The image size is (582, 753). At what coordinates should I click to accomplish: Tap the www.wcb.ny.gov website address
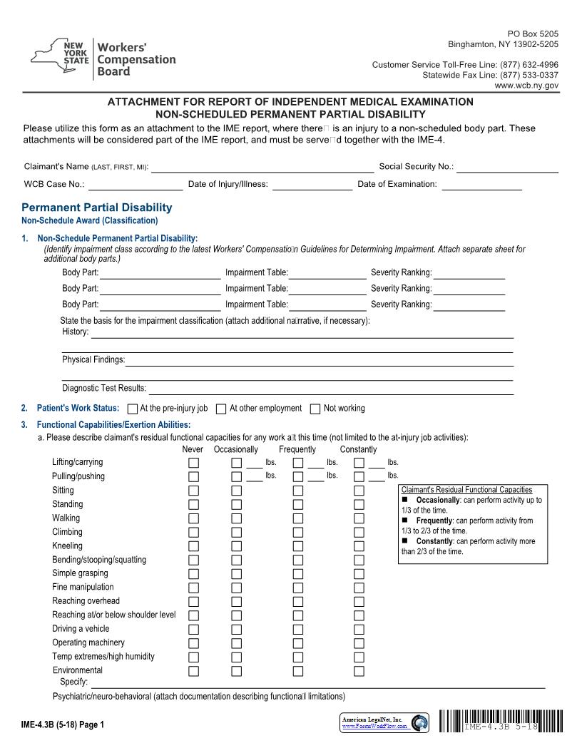526,85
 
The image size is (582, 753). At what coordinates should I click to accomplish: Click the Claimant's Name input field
262,167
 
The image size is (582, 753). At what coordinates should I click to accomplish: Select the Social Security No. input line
507,167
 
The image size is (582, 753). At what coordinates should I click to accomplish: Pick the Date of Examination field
481,185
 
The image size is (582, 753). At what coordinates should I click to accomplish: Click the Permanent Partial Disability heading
97,208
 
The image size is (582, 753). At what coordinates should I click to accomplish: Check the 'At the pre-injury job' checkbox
132,409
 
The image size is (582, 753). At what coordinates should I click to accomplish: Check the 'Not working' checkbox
315,409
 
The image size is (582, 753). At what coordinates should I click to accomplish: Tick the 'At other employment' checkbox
221,409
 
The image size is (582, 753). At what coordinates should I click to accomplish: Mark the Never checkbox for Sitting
193,491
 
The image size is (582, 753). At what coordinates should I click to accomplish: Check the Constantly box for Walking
359,518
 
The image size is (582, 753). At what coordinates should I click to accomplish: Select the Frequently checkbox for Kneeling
298,546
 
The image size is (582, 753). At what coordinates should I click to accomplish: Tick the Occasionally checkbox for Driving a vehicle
237,629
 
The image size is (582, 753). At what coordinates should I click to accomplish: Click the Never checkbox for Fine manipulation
193,588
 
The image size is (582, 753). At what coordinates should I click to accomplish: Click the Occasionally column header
236,450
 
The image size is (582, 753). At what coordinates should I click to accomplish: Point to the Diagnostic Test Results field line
330,389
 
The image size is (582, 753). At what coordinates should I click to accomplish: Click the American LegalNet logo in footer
385,723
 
